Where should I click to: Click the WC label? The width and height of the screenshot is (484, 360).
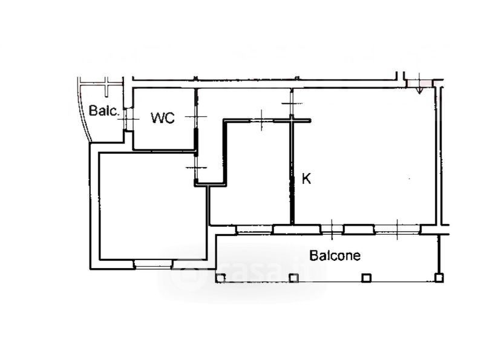tap(163, 117)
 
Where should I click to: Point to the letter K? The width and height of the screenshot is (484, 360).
tap(306, 178)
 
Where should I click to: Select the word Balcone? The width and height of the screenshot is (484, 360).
tap(335, 256)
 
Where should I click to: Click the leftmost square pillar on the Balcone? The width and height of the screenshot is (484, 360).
tap(220, 278)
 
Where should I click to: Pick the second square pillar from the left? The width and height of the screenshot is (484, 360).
tap(293, 278)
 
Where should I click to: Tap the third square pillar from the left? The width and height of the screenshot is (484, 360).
tap(366, 278)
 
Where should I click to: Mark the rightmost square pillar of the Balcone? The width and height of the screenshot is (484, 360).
tap(439, 278)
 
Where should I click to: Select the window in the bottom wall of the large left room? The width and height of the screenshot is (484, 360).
tap(153, 264)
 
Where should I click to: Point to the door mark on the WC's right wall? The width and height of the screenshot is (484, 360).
tap(195, 117)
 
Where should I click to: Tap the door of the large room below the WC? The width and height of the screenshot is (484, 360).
tap(195, 168)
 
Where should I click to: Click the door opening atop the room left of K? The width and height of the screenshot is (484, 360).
tap(262, 120)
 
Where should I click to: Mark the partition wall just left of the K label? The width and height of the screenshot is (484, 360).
tap(292, 171)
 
